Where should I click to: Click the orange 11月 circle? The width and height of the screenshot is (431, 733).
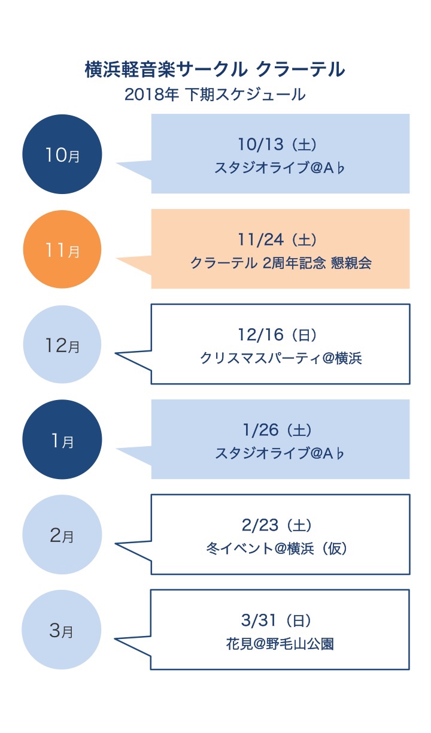(62, 249)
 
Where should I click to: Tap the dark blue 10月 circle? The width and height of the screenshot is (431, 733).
(62, 154)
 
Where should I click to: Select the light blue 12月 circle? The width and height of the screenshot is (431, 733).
(62, 344)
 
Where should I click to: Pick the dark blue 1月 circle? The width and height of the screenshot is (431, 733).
(62, 439)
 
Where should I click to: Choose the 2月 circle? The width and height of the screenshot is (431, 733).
(62, 534)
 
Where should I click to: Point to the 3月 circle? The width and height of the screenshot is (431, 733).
(61, 629)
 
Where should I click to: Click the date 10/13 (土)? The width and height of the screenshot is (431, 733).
(277, 144)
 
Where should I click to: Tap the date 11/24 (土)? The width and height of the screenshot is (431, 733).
(277, 240)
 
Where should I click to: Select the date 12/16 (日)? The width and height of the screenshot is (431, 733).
(277, 334)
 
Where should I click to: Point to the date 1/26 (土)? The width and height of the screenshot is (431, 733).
(277, 429)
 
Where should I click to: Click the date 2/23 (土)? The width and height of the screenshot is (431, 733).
(277, 525)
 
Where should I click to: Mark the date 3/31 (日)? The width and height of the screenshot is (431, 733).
(277, 620)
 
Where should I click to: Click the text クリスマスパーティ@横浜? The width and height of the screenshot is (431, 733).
(281, 358)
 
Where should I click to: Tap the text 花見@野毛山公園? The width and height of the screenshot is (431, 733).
(280, 644)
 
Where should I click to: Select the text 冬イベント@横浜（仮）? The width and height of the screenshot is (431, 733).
(277, 549)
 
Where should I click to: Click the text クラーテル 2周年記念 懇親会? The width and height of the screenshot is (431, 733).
(281, 263)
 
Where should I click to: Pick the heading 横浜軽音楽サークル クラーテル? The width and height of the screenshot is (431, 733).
(215, 69)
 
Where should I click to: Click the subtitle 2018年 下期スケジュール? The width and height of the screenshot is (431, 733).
(215, 95)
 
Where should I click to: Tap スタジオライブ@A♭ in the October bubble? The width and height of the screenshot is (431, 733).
(280, 168)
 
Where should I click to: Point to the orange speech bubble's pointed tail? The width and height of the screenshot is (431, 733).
(117, 259)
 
